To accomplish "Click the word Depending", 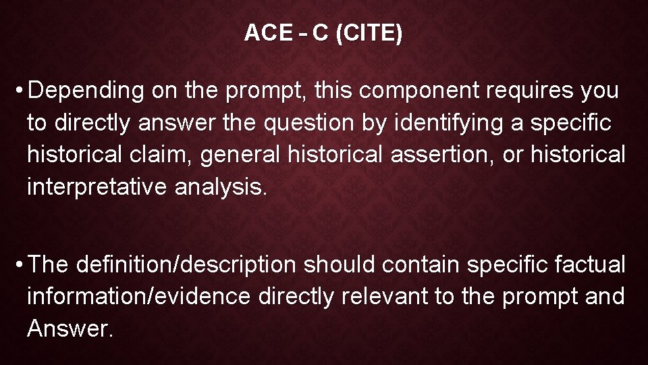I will tap(86, 90).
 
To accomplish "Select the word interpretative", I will tap(97, 187).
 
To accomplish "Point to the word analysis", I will tap(221, 187).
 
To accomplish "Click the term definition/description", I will tap(186, 264).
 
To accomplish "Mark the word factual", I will tap(591, 264).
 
